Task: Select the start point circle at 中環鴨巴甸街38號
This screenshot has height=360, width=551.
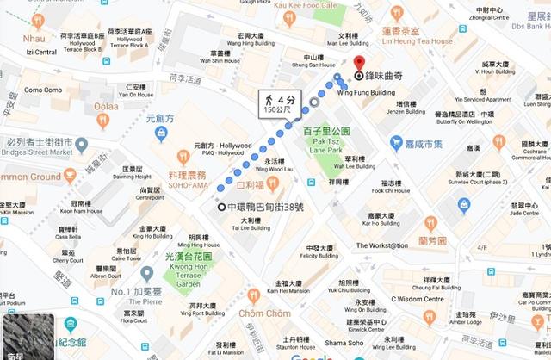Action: coord(222,207)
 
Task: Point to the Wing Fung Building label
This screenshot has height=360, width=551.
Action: coord(360,91)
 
